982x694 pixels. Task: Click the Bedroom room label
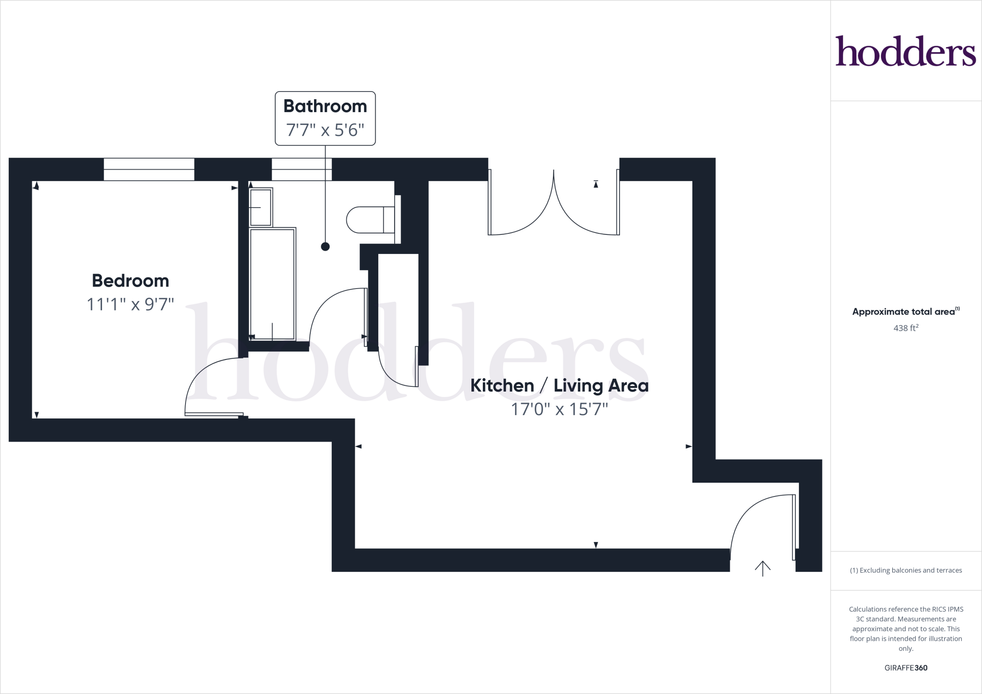click(130, 281)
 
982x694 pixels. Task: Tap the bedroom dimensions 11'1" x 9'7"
click(130, 304)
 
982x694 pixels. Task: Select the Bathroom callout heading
click(325, 106)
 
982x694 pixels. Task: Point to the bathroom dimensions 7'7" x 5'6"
click(325, 130)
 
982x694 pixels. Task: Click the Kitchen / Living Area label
click(559, 386)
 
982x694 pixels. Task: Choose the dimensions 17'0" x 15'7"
click(559, 409)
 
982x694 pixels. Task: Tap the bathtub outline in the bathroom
click(272, 284)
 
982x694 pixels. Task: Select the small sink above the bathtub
click(261, 207)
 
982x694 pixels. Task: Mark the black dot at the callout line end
click(325, 246)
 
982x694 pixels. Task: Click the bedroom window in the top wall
click(149, 169)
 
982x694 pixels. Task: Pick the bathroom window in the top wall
click(302, 169)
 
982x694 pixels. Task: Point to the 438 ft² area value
click(905, 328)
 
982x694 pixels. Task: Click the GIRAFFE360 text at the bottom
click(906, 668)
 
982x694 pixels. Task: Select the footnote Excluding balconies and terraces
click(906, 570)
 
